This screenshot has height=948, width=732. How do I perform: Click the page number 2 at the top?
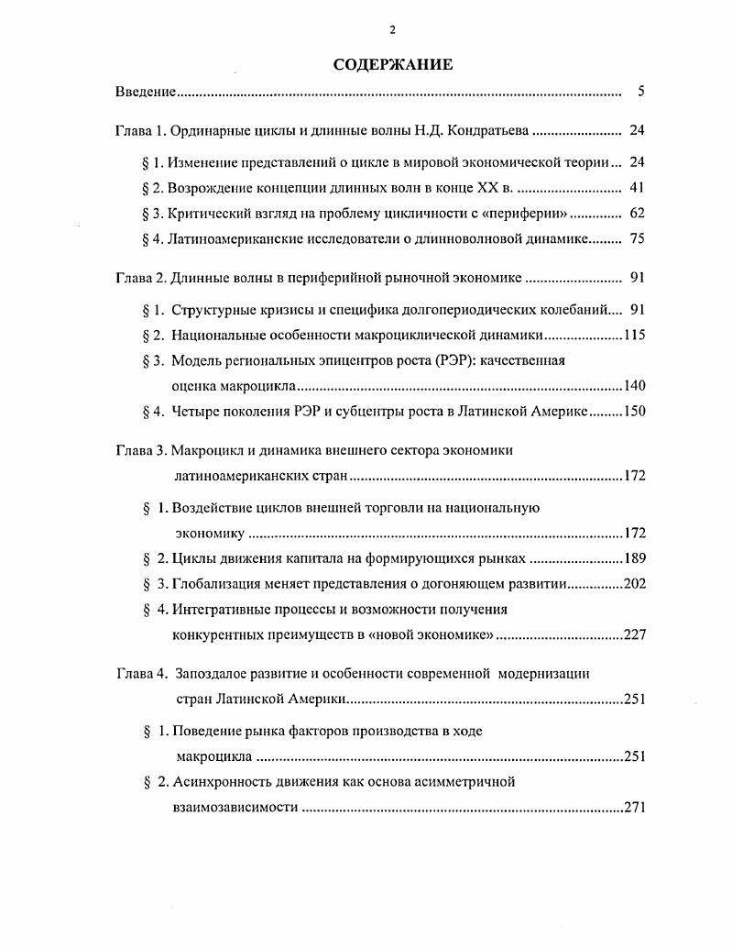pos(392,30)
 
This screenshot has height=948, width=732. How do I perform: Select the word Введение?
pos(146,93)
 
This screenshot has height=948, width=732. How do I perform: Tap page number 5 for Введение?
pos(641,93)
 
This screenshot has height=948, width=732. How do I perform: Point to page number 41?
pos(639,189)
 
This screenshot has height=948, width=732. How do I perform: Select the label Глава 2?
pos(140,278)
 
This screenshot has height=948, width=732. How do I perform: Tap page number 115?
pos(635,335)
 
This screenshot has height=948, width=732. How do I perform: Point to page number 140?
pos(635,386)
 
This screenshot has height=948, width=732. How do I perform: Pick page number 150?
pos(635,412)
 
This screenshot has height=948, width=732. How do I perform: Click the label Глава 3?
pos(140,450)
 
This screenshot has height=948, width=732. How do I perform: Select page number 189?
pos(635,557)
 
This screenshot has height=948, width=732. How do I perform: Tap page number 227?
pos(635,634)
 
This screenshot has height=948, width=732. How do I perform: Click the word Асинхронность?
pos(220,782)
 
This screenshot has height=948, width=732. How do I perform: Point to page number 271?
pos(635,808)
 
